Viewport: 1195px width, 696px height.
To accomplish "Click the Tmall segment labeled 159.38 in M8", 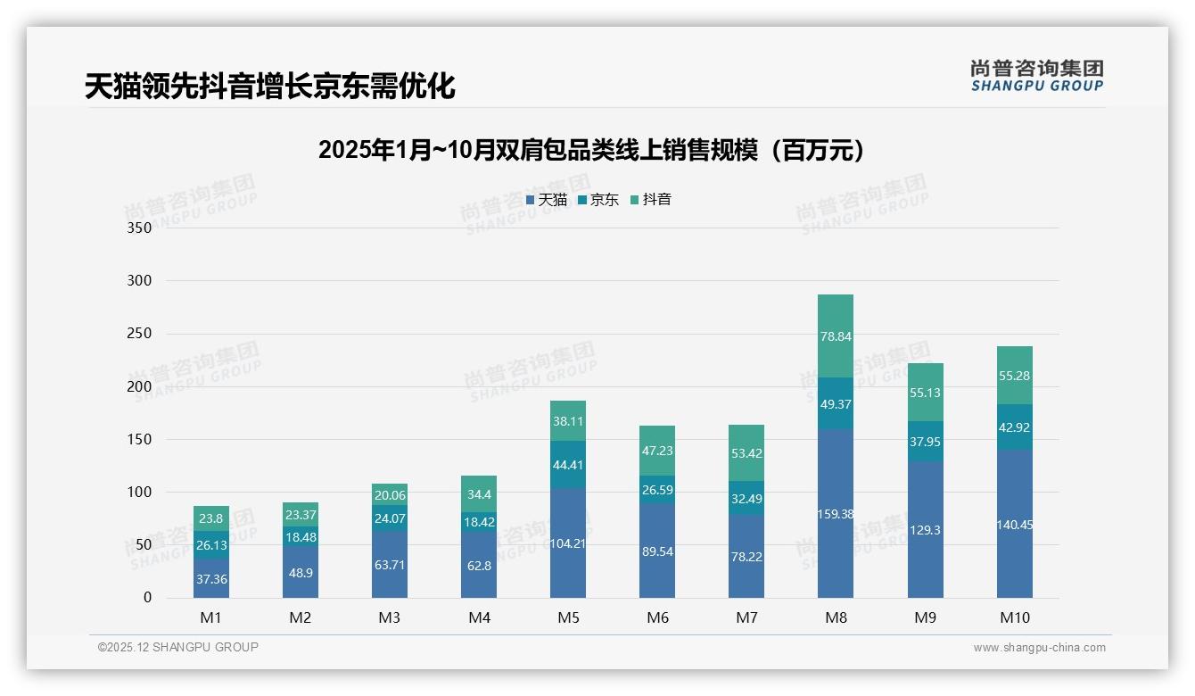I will tap(836, 513).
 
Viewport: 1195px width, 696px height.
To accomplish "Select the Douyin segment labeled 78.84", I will tap(836, 336).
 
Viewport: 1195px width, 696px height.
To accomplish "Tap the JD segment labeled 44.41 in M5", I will tap(568, 464).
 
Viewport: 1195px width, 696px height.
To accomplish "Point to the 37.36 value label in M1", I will tap(211, 579).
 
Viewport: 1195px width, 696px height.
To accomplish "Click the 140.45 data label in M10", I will tap(1015, 525).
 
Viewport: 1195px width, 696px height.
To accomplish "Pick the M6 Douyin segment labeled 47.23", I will tap(657, 451).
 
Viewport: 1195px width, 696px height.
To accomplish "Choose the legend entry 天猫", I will tap(547, 200).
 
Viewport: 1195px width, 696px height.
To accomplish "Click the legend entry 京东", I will tap(598, 200).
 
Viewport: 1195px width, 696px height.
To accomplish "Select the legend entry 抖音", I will tap(651, 200).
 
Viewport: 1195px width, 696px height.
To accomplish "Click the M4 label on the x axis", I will tap(479, 617).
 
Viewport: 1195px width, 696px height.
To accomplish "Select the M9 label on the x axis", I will tap(926, 617).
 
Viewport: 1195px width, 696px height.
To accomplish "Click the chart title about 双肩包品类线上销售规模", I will tap(591, 150).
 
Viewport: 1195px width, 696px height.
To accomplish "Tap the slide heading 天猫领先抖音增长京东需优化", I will tap(269, 86).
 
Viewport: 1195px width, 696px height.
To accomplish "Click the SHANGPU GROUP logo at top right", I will tap(1036, 76).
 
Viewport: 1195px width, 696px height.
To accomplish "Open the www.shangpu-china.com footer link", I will tap(1039, 648).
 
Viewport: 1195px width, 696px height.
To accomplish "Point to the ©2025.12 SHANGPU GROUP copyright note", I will tap(178, 647).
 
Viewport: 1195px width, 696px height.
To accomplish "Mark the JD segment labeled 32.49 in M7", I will tap(746, 498).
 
